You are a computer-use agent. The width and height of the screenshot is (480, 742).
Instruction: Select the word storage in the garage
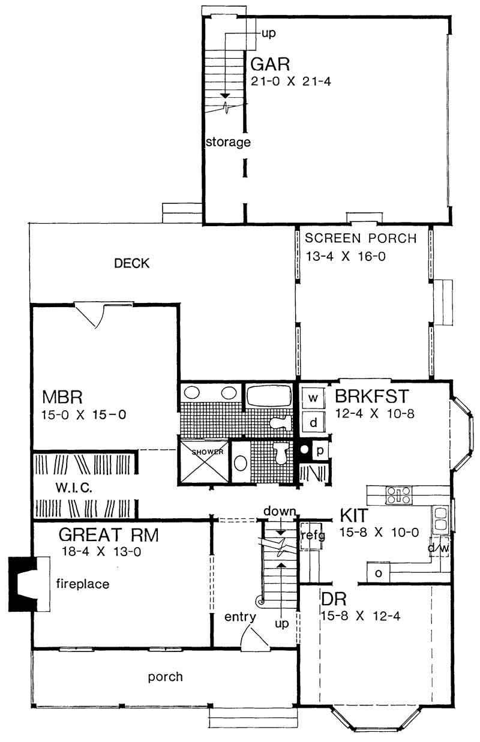(x=227, y=142)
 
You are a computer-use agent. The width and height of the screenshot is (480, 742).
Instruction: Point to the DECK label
(x=131, y=263)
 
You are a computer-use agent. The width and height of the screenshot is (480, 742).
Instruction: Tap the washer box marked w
(x=313, y=397)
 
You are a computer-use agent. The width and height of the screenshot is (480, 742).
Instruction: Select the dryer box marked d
(x=313, y=422)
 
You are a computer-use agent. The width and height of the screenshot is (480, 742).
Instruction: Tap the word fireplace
(x=83, y=582)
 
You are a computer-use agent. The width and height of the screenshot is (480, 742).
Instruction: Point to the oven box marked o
(x=378, y=572)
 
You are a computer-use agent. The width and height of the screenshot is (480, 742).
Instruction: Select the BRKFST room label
(x=371, y=397)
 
